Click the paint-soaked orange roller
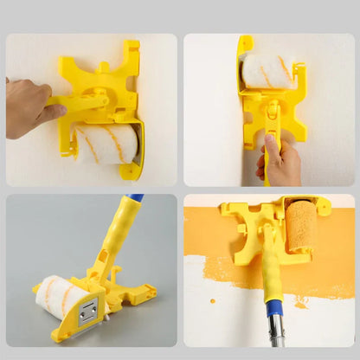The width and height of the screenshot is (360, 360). [x=302, y=227]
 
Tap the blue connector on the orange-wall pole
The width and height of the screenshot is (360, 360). [x=273, y=307]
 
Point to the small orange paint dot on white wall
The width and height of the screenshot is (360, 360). [x=212, y=301]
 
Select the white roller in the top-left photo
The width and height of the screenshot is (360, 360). [x=104, y=143]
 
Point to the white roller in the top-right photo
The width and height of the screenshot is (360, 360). [x=267, y=70]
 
